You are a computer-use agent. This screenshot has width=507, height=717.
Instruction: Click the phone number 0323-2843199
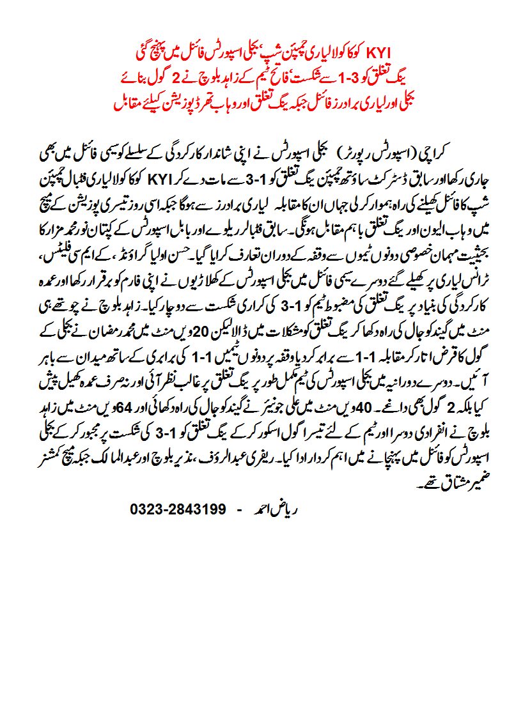click(178, 511)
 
